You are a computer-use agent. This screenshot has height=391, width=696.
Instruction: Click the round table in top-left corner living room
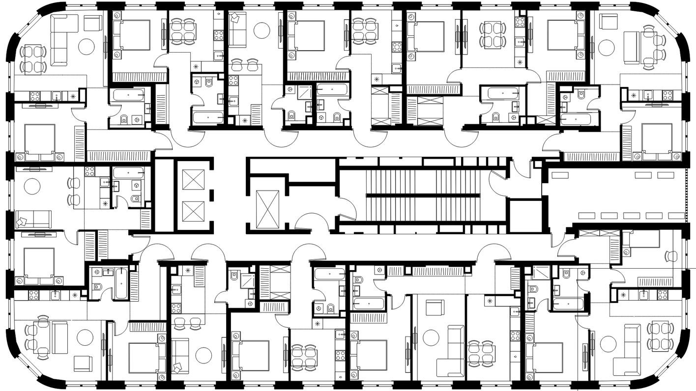(87, 47)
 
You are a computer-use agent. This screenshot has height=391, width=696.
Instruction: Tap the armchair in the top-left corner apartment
(92, 23)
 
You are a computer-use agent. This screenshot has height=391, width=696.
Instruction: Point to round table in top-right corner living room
(606, 48)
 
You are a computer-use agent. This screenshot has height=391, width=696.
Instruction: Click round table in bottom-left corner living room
(85, 337)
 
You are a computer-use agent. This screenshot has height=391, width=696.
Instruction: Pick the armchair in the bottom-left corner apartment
(83, 363)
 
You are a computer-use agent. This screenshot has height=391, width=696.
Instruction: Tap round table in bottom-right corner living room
(608, 344)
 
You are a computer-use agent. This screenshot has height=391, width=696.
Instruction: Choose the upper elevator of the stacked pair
(193, 179)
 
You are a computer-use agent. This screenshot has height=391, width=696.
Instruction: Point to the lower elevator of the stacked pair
(193, 212)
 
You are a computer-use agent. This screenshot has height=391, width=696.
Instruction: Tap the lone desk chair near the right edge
(671, 256)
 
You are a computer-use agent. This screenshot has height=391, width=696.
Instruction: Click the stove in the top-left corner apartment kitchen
(35, 96)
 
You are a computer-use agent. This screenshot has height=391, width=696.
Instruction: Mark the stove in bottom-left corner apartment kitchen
(33, 295)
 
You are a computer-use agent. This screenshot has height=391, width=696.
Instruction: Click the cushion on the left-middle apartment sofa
(22, 222)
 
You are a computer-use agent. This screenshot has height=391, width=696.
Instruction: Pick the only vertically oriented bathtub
(121, 283)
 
